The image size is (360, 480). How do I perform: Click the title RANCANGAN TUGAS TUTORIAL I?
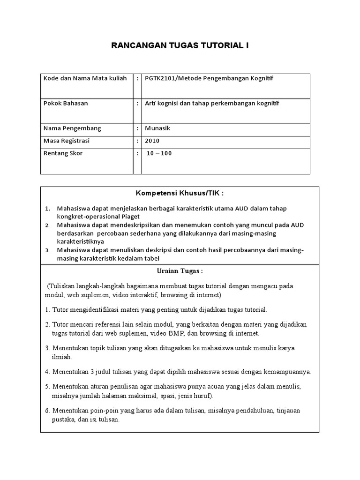180,45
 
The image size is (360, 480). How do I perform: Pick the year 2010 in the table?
152,140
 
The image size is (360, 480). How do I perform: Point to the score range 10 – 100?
159,153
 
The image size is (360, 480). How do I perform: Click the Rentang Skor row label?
62,153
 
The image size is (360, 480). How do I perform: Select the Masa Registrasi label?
66,140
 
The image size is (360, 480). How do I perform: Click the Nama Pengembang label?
72,128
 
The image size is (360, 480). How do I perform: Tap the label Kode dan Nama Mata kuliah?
85,78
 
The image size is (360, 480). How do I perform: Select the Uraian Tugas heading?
180,271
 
